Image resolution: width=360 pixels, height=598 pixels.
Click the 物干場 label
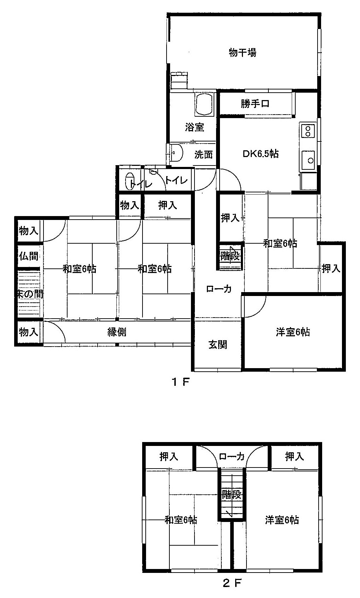click(x=242, y=53)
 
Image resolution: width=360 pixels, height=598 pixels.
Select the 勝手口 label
click(x=255, y=104)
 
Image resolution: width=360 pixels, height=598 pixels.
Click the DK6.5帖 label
click(x=260, y=154)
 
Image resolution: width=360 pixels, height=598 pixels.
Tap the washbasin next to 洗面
click(x=176, y=152)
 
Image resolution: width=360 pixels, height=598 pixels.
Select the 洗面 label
click(x=204, y=154)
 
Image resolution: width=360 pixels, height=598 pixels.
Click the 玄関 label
click(x=217, y=344)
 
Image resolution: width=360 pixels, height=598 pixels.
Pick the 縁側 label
click(x=117, y=332)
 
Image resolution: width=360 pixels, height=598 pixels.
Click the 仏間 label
click(x=29, y=256)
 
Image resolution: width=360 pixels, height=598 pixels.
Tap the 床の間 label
click(x=30, y=294)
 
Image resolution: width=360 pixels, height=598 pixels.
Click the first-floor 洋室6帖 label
click(x=293, y=332)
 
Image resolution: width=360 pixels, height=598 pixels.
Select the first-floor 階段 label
click(x=230, y=256)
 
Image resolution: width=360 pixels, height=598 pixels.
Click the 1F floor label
click(x=181, y=382)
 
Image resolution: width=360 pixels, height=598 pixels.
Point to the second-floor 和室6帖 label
click(x=181, y=520)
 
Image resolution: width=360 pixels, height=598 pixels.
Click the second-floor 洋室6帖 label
click(x=282, y=520)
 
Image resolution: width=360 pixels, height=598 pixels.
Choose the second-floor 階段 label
click(x=232, y=494)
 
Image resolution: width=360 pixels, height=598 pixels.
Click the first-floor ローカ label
click(x=219, y=289)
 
